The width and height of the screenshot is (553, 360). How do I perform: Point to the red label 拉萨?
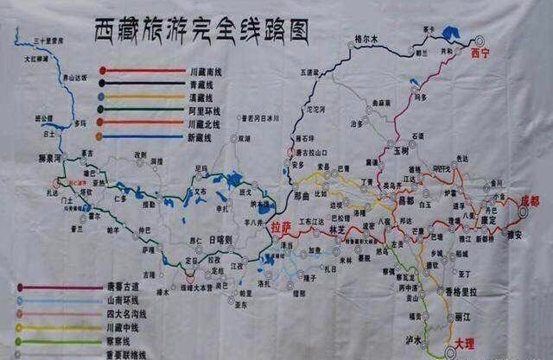click(x=276, y=228)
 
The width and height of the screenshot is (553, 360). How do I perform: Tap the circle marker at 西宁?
click(x=480, y=40)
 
